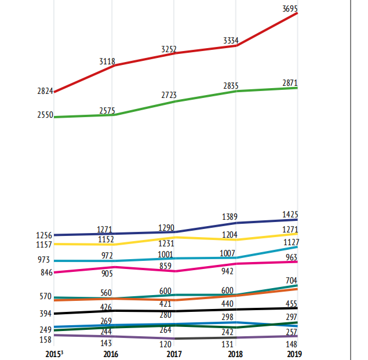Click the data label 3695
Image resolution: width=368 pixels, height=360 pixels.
(290, 9)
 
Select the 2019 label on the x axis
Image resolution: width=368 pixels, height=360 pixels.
(294, 354)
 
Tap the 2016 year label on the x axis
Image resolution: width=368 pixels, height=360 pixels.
(110, 354)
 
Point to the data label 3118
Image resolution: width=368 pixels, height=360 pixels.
(107, 61)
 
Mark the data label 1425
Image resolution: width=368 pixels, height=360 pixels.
(290, 214)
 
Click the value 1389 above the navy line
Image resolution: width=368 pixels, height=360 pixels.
(230, 217)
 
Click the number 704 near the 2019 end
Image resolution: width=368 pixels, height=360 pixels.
(292, 281)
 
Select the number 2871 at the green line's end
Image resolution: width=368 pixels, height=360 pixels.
(290, 83)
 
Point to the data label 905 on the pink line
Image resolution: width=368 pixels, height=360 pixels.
(107, 274)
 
